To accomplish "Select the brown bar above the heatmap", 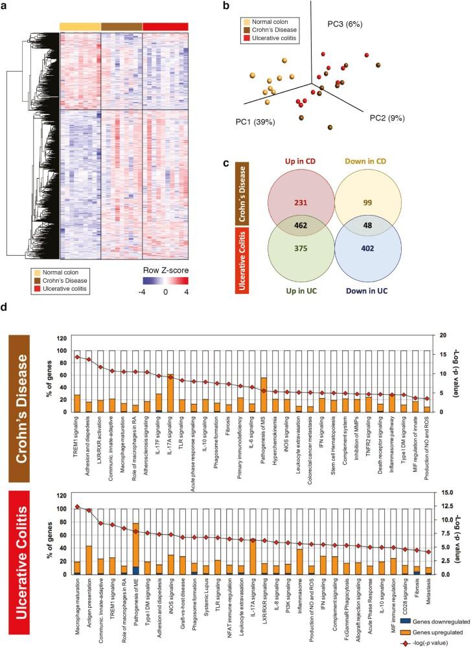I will click(x=121, y=25).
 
